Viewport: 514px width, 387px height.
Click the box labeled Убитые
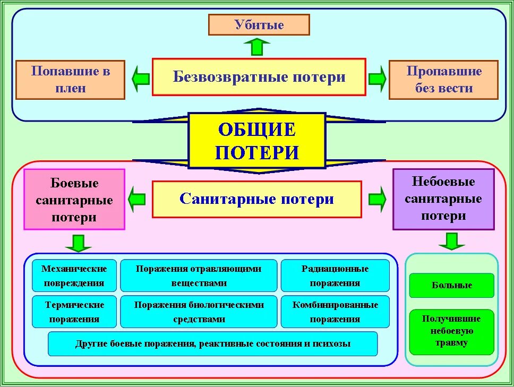click(259, 24)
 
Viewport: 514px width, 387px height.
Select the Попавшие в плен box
click(70, 80)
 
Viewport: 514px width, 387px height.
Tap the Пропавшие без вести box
click(443, 80)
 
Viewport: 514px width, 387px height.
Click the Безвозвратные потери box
click(259, 77)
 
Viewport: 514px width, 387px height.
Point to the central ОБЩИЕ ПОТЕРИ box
click(256, 141)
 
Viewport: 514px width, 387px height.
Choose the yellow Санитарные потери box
click(256, 199)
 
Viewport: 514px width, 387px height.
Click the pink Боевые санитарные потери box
click(74, 200)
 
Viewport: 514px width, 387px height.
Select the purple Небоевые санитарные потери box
click(443, 199)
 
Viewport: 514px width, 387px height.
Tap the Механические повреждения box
click(74, 276)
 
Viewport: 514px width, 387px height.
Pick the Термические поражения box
click(74, 312)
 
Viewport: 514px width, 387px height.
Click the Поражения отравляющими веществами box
click(199, 276)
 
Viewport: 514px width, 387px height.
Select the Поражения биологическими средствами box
click(199, 312)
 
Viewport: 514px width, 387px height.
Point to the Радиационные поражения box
click(335, 276)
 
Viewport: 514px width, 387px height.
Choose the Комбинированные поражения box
click(335, 312)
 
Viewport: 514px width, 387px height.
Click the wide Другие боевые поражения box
click(212, 343)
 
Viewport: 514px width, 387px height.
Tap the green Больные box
click(451, 285)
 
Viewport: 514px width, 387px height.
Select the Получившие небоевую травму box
click(451, 331)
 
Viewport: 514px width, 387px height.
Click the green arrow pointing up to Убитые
click(258, 47)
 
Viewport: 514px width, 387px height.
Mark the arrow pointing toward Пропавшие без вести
click(377, 78)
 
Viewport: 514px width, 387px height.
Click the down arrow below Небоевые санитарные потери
click(451, 242)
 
